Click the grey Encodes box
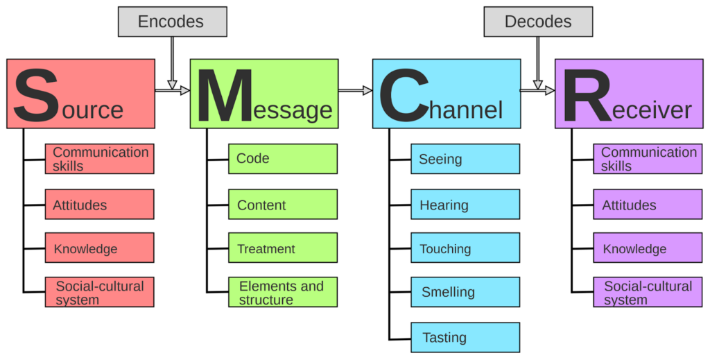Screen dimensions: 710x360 [x=173, y=22]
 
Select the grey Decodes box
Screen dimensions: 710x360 [x=538, y=22]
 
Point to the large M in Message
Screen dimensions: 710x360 [x=225, y=95]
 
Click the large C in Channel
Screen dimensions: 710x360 [x=404, y=94]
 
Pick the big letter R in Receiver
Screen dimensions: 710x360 [x=587, y=95]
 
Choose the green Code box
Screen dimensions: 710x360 [x=283, y=159]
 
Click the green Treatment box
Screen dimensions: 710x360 [x=283, y=248]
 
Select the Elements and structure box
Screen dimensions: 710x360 [x=283, y=292]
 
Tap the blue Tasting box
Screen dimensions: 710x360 [x=465, y=337]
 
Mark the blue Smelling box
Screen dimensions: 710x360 [x=465, y=292]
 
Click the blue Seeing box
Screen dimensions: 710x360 [x=465, y=159]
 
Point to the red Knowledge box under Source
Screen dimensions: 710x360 [x=99, y=248]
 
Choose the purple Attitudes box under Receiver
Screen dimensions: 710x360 [x=648, y=204]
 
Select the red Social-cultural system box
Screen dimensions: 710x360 [x=99, y=292]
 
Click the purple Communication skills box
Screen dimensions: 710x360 [x=648, y=159]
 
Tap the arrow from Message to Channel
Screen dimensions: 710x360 [x=355, y=91]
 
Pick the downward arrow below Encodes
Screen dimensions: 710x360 [x=172, y=63]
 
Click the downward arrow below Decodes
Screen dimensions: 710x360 [x=537, y=63]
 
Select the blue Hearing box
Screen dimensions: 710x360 [x=465, y=204]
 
